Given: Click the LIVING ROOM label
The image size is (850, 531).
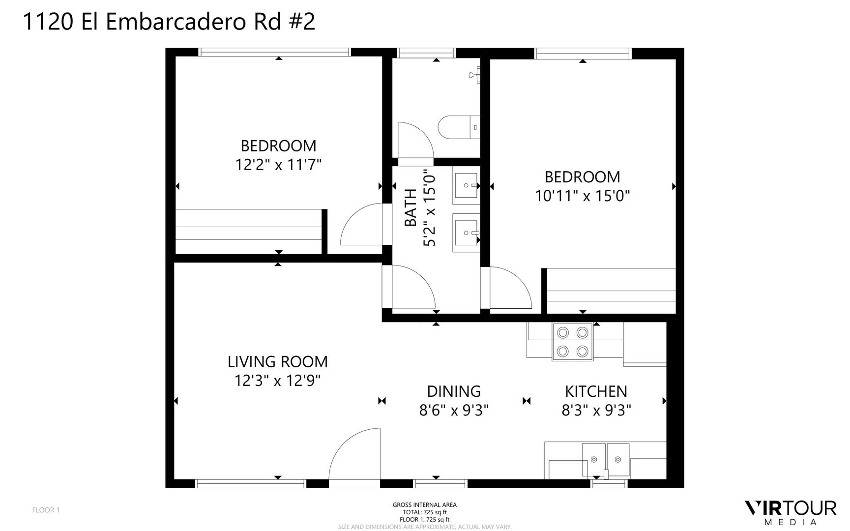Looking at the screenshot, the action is [x=277, y=362].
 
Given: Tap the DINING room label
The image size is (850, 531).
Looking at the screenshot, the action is [x=454, y=391].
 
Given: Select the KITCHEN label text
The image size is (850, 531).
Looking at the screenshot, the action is [x=596, y=391].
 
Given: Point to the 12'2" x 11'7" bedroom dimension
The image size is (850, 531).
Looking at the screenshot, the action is [x=278, y=165].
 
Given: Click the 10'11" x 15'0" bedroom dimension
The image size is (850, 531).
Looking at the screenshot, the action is [x=583, y=196].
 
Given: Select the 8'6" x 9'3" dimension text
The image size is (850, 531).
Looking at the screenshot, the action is [x=454, y=410].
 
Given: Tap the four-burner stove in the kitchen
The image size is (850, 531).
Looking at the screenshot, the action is [x=572, y=342].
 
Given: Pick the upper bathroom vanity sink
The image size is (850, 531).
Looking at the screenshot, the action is [x=466, y=186].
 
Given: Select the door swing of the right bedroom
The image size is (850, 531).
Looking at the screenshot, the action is [x=510, y=289].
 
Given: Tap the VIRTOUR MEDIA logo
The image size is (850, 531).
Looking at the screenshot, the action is [x=791, y=512].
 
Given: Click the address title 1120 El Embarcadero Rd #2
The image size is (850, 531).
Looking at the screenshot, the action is [x=169, y=22].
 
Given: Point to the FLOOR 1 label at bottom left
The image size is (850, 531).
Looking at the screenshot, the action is [x=46, y=510].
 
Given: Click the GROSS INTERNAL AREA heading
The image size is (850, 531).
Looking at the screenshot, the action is [x=424, y=505].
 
